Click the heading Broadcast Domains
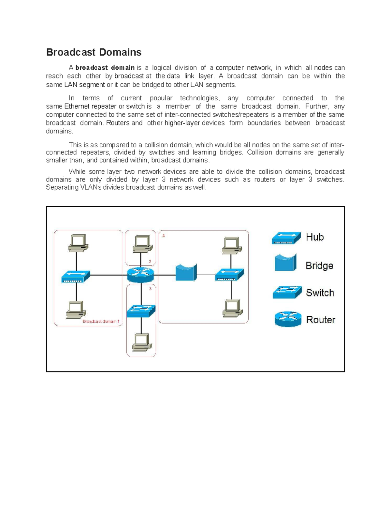point(94,52)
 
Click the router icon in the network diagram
point(140,275)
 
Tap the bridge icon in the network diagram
point(186,272)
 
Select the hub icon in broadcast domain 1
point(76,277)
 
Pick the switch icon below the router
point(141,311)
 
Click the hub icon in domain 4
point(229,274)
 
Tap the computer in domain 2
point(142,244)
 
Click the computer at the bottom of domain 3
point(142,342)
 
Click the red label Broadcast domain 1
point(101,321)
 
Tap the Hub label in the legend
point(315,237)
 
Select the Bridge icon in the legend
point(285,263)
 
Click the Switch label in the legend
point(320,293)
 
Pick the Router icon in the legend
point(288,319)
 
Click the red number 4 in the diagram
point(164,236)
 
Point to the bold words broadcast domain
point(105,68)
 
